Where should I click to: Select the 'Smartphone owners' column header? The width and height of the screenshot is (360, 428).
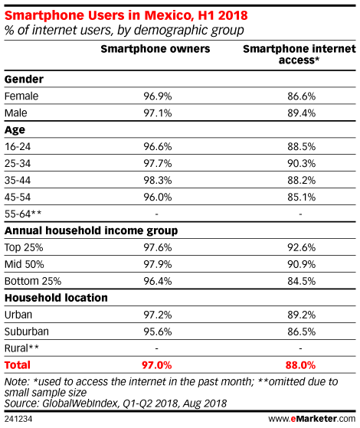tap(155, 49)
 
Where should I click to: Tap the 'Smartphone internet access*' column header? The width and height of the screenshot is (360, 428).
tap(299, 54)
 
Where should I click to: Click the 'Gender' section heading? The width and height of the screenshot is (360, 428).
tap(24, 80)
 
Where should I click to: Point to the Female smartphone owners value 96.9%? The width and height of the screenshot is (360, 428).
tap(158, 96)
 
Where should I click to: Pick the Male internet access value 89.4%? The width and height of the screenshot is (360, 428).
tap(301, 113)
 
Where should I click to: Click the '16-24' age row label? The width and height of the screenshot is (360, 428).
tap(18, 147)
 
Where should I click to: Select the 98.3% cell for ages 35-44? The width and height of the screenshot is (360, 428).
tap(158, 181)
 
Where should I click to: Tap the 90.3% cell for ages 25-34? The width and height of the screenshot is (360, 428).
tap(301, 164)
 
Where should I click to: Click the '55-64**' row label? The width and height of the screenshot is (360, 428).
tap(23, 214)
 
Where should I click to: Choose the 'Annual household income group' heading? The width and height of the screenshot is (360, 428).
tap(91, 231)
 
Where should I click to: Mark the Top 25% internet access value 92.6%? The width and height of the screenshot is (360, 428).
tap(301, 247)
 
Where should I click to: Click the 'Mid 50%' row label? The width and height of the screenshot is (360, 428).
tap(24, 264)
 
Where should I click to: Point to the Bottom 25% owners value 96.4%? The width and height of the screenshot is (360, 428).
tap(158, 281)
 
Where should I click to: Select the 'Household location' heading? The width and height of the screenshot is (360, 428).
tap(56, 298)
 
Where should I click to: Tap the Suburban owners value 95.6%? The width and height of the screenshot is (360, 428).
tap(158, 332)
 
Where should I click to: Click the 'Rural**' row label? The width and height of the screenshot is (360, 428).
tap(21, 348)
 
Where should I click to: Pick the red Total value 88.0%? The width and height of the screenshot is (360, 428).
tap(300, 365)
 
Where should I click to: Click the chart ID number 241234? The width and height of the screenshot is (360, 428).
tap(18, 419)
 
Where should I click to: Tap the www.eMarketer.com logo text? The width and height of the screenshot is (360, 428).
tap(312, 419)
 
